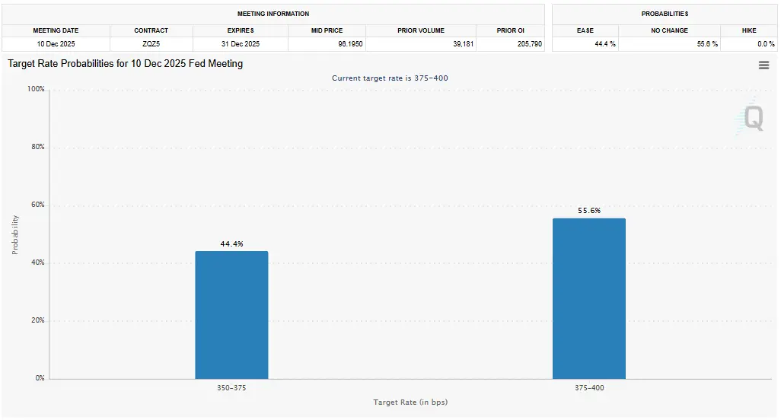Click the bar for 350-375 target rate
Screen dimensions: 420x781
[231, 314]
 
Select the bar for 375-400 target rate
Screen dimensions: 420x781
[588, 298]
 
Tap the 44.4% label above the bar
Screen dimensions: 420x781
[231, 243]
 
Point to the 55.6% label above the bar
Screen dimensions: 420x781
[588, 211]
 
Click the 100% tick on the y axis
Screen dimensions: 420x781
[36, 90]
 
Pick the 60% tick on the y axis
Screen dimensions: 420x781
[37, 205]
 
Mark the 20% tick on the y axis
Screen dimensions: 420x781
[37, 321]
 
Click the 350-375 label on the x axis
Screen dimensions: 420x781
[231, 388]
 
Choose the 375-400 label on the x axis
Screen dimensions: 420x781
[588, 388]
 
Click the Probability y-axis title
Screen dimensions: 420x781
[15, 234]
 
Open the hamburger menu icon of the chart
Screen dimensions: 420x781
[763, 65]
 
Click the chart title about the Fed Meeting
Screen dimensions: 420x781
[126, 64]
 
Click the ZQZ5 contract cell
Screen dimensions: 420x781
[151, 44]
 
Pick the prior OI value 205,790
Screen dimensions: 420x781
[529, 44]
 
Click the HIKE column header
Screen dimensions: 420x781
[748, 30]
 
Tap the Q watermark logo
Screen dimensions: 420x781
[752, 118]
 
